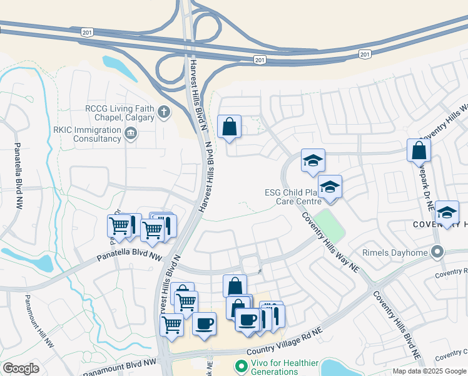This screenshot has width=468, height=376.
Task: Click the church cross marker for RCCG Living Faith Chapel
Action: (x=164, y=113)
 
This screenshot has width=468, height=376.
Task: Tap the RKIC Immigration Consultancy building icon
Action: (x=131, y=132)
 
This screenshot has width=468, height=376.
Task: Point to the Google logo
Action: (x=21, y=368)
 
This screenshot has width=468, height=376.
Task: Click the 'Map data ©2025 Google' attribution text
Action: (x=429, y=371)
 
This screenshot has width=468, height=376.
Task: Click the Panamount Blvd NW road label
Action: (x=119, y=368)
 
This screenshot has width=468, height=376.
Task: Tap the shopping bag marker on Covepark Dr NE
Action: (x=419, y=150)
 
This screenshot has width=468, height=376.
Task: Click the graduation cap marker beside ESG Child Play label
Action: (x=330, y=187)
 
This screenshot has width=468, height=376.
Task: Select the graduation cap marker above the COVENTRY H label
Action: (x=447, y=212)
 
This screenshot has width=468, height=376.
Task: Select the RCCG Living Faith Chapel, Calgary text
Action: (x=120, y=113)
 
